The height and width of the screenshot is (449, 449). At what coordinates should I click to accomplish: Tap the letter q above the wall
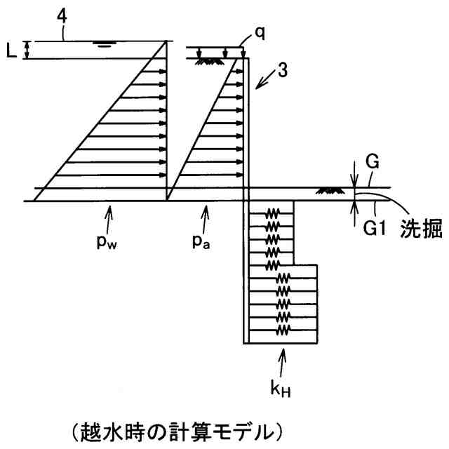tap(260, 33)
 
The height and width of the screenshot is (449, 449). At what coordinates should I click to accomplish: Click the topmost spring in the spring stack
tap(270, 210)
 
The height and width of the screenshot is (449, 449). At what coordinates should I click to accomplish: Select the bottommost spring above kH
tap(283, 328)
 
